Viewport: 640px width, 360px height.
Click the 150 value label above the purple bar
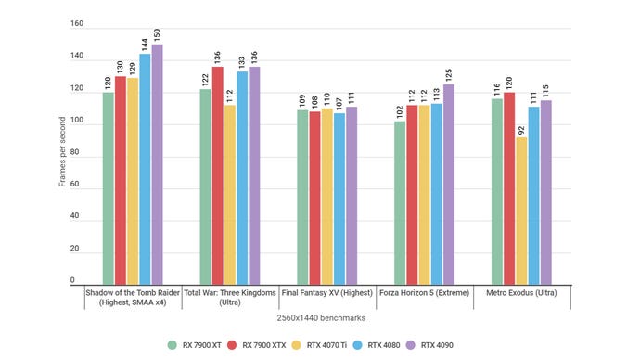pyautogui.click(x=157, y=34)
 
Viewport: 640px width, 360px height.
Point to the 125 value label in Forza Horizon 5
pyautogui.click(x=449, y=74)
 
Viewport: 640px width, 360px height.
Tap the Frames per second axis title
pyautogui.click(x=63, y=153)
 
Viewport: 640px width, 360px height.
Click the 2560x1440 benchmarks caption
pyautogui.click(x=319, y=317)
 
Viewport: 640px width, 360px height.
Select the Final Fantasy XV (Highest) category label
pyautogui.click(x=325, y=292)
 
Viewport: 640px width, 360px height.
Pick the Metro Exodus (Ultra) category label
pyautogui.click(x=521, y=292)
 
